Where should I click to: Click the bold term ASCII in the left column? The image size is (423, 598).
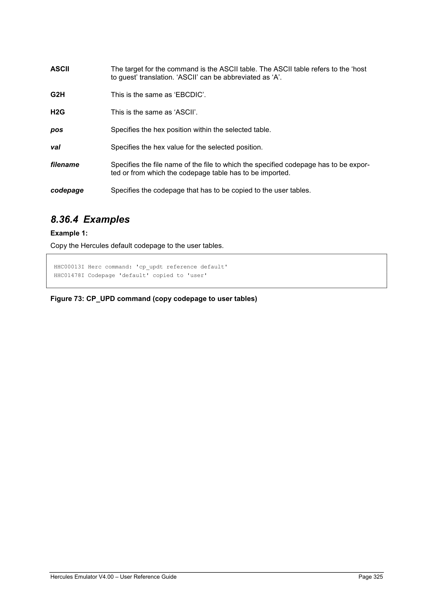pos(60,69)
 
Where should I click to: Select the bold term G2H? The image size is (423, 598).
pos(58,95)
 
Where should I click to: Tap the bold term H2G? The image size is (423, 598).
pos(58,112)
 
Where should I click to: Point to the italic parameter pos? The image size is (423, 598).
pos(57,130)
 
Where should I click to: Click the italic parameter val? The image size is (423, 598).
pos(55,147)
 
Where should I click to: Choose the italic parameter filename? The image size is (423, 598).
pos(65,165)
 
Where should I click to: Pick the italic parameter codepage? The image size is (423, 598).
pos(67,190)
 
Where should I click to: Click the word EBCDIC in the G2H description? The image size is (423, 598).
pos(190,95)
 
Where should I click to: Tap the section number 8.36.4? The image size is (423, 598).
pos(64,219)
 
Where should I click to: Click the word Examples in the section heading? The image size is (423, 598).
pos(106,219)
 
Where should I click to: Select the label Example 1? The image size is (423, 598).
pos(69,233)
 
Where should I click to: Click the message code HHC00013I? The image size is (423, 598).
pos(69,267)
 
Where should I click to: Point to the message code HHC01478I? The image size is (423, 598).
pos(69,275)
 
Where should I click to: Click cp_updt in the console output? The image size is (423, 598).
pos(151,267)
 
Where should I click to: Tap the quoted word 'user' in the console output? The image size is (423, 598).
pos(197,275)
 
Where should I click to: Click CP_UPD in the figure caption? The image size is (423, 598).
pos(101,299)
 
